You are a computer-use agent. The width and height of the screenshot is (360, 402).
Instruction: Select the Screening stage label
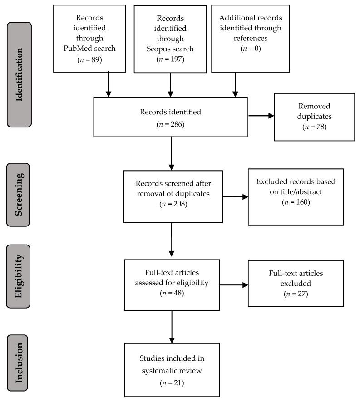point(19,194)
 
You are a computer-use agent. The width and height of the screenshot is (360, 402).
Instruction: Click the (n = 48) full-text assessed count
point(171,293)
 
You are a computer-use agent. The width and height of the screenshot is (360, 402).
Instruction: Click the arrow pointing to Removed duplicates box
point(262,116)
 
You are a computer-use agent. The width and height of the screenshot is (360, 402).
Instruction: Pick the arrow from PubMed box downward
point(109,84)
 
